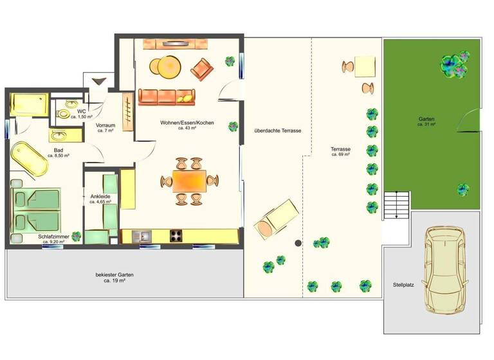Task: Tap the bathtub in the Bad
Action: click(x=30, y=158)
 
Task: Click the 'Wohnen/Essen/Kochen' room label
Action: click(x=188, y=123)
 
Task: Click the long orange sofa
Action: click(x=166, y=96)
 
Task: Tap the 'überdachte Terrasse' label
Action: click(x=277, y=130)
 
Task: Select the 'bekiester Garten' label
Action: click(x=115, y=274)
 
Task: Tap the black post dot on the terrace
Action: click(x=298, y=243)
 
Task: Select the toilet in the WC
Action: click(x=64, y=113)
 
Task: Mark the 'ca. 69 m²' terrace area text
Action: click(x=340, y=155)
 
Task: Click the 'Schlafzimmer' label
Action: click(x=53, y=237)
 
